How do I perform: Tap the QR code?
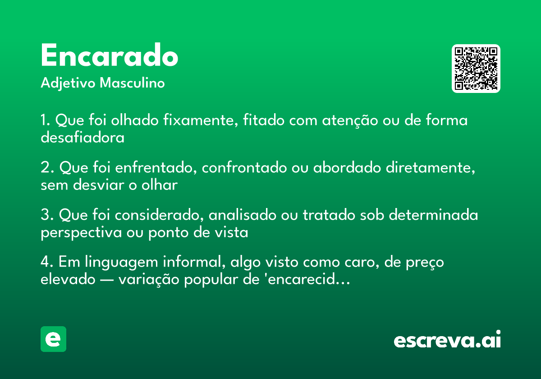476,69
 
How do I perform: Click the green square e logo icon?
53,339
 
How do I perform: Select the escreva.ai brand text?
447,340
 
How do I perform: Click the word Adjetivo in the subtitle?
68,83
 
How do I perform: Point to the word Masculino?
132,83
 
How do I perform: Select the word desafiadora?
83,138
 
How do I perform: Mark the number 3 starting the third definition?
45,216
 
